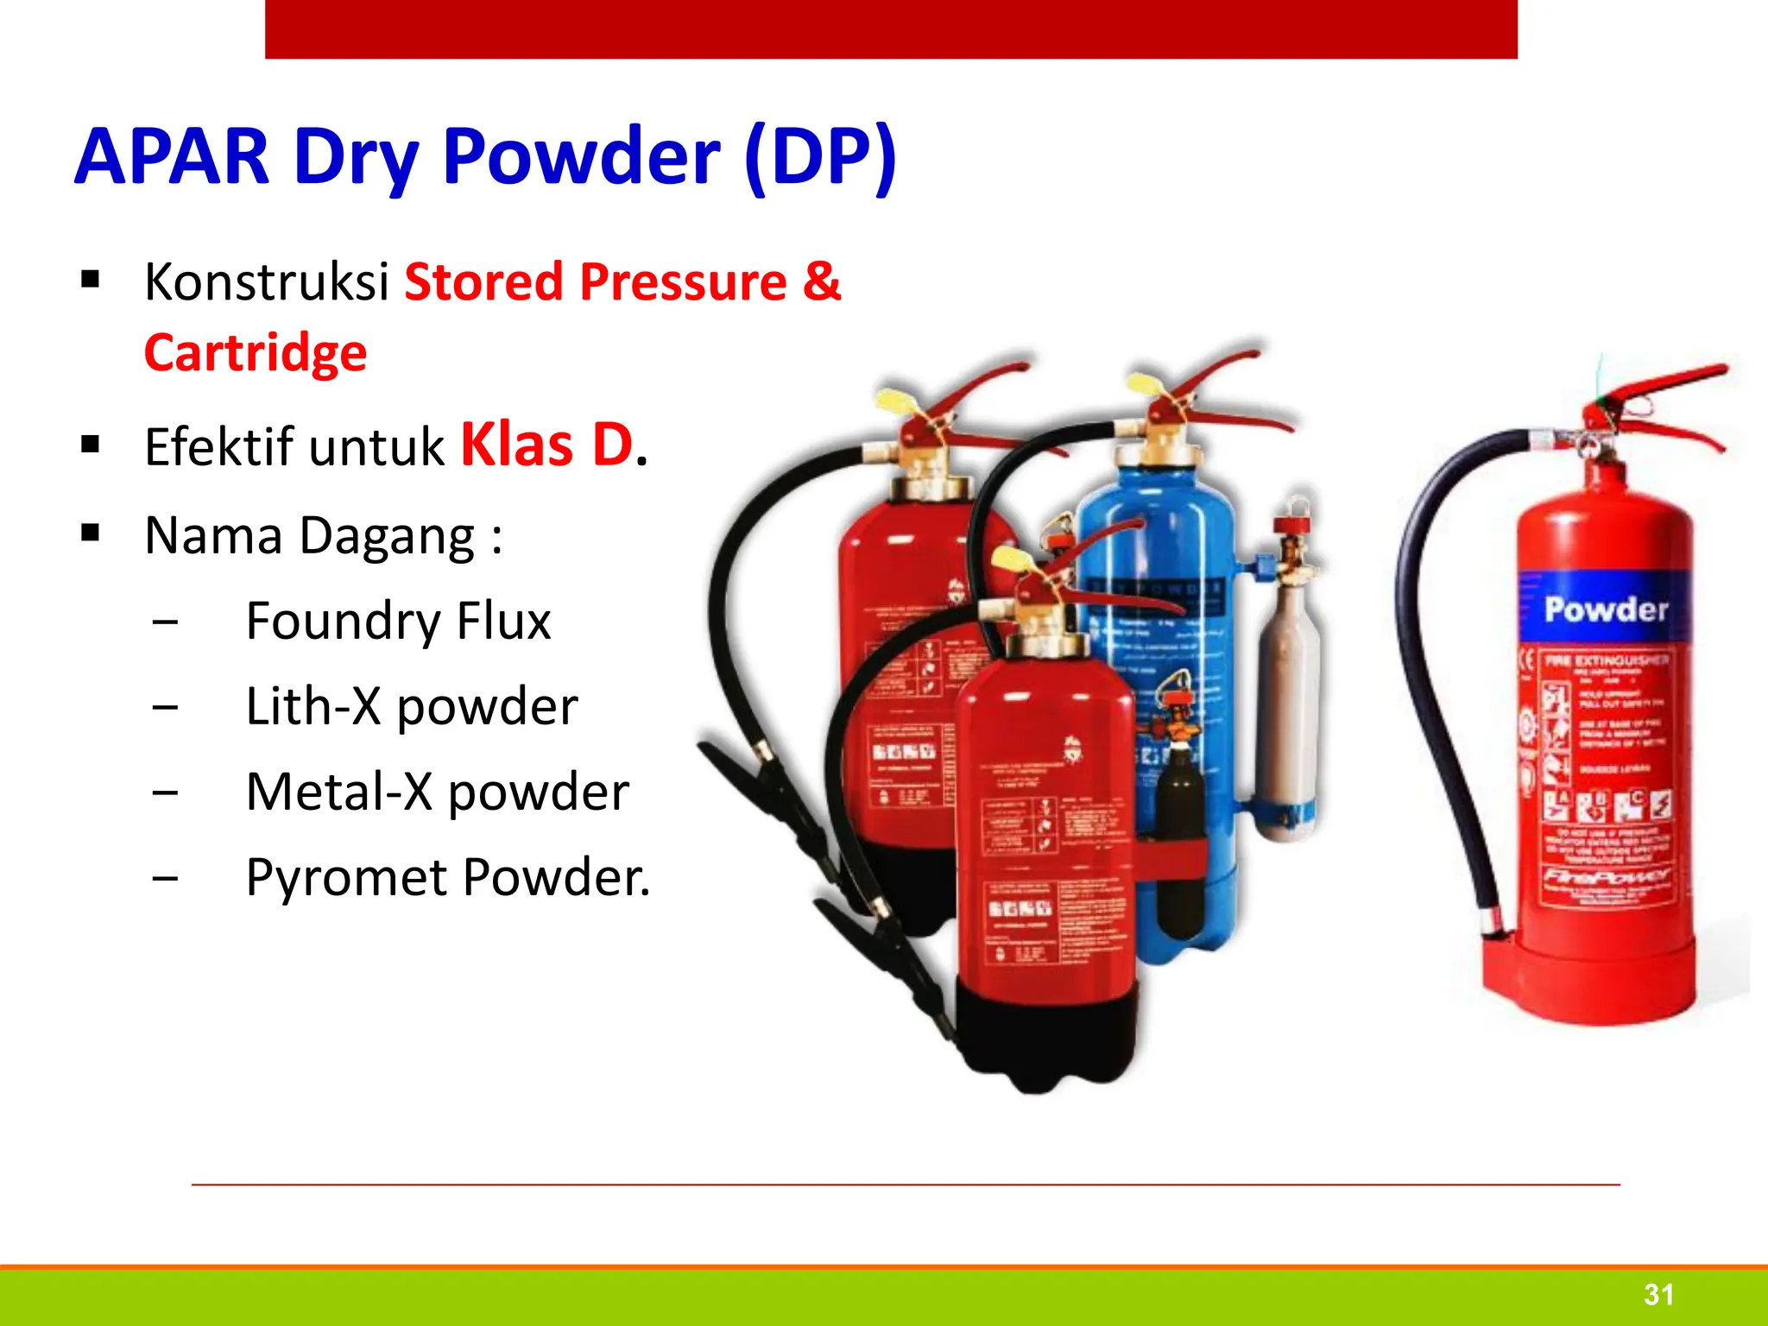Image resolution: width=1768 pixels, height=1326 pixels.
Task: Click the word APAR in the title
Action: pos(172,157)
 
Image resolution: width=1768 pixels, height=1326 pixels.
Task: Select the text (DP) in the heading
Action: pos(820,157)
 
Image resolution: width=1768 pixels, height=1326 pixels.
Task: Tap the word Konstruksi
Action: pos(266,281)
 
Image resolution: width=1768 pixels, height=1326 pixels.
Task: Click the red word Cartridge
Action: pos(256,353)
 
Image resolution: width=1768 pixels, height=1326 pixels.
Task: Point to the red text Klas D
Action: pos(547,445)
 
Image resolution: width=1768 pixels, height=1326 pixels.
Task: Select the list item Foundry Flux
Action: pos(398,621)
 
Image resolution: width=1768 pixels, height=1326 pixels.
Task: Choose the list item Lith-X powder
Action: pos(412,706)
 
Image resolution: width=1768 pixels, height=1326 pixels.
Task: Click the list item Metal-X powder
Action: pos(438,792)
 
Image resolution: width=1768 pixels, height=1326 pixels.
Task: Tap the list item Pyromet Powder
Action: pos(447,877)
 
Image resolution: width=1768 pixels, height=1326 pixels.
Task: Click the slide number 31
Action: pos(1658,1294)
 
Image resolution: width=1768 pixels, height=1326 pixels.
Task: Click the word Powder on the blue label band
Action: pos(1606,610)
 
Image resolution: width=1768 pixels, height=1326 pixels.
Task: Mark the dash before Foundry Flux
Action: pos(165,622)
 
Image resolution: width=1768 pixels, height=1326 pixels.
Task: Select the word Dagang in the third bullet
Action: pos(387,536)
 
